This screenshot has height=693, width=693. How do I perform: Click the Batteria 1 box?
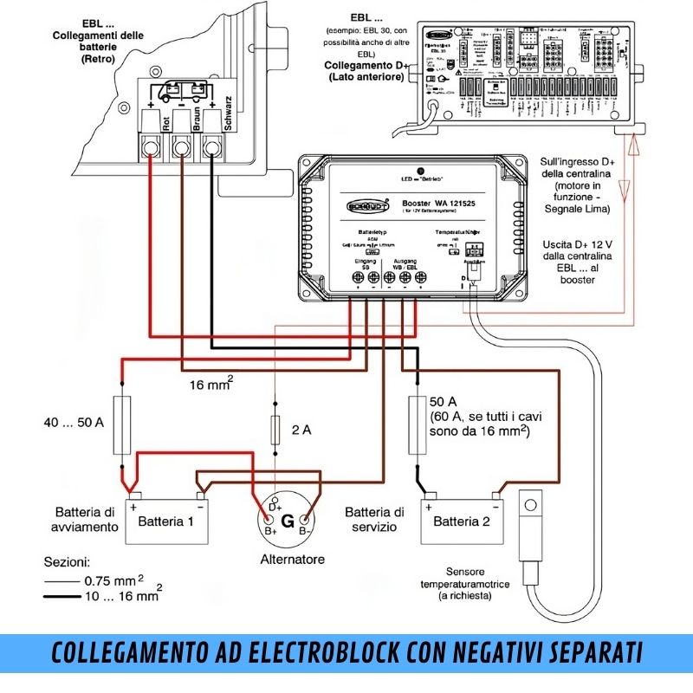[166, 521]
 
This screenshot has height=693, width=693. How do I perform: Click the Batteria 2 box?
[462, 521]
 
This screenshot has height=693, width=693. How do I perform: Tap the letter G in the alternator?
[288, 522]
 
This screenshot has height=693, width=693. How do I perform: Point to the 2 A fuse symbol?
[275, 430]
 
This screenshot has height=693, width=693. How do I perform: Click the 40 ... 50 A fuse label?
[74, 424]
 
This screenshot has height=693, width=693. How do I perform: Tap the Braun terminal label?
[198, 123]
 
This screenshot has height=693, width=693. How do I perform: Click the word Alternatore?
[293, 560]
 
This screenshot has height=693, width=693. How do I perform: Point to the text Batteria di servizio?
[374, 519]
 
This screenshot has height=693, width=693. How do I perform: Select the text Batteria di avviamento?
[86, 518]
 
